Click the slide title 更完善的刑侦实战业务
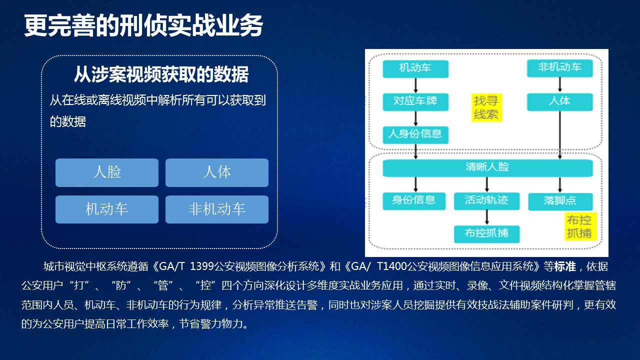143,25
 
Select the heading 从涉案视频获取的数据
161,74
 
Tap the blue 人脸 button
107,172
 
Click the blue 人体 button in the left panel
217,172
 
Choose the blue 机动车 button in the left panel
107,209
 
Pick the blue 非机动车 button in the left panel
217,209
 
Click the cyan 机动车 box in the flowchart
415,68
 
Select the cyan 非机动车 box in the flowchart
559,68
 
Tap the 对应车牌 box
415,101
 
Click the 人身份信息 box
415,135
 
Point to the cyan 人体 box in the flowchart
559,101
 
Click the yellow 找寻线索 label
486,107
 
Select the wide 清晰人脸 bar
487,168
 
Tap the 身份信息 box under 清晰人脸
414,201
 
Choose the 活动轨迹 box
487,201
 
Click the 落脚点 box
560,201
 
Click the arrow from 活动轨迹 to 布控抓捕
487,217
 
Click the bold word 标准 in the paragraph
565,266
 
